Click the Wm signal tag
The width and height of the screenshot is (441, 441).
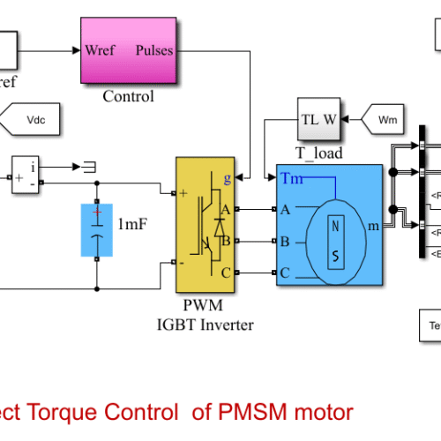coord(385,117)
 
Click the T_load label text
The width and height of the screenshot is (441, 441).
coord(318,154)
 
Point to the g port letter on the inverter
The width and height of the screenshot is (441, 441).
coord(228,178)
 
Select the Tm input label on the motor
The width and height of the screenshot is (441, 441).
coord(292,179)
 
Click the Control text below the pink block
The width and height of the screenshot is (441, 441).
coord(128,96)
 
